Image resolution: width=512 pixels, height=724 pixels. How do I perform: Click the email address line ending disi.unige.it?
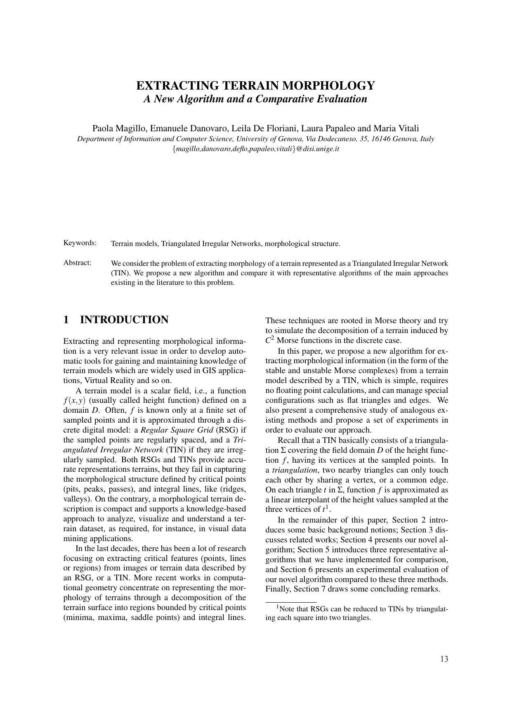[x=255, y=149]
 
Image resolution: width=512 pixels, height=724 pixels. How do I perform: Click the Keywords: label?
[x=80, y=243]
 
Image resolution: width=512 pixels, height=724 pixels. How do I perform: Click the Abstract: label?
[x=77, y=263]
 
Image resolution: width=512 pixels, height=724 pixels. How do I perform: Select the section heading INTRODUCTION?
[x=124, y=320]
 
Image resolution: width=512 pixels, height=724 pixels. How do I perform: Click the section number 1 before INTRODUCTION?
[x=66, y=320]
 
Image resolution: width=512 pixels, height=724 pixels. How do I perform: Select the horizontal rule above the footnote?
[x=291, y=602]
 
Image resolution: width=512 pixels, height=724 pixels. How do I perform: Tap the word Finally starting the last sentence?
[x=278, y=589]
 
